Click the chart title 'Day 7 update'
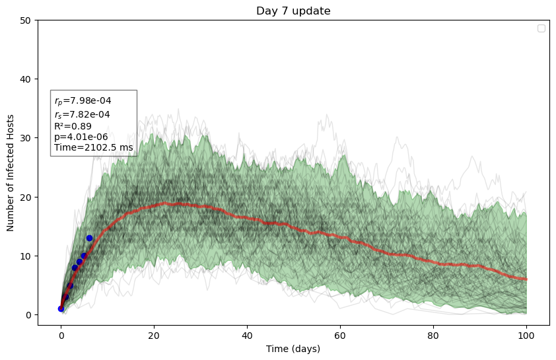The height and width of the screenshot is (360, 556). tap(293, 11)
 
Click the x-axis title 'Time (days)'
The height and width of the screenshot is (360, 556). tap(293, 348)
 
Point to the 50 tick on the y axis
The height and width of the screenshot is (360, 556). tap(26, 20)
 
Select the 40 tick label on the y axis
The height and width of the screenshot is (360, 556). tap(26, 79)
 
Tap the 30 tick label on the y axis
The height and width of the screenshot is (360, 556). tap(26, 138)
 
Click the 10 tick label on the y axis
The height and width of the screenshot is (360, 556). tap(26, 256)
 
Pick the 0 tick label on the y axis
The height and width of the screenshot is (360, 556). tap(29, 315)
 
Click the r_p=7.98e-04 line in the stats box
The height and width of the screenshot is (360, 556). tap(83, 101)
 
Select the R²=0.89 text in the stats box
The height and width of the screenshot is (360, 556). tap(73, 126)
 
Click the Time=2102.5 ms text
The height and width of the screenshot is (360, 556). tap(93, 148)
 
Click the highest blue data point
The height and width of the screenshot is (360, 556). tap(89, 238)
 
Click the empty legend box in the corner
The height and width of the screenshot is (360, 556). tap(541, 28)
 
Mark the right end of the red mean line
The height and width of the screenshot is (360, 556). tap(526, 279)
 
